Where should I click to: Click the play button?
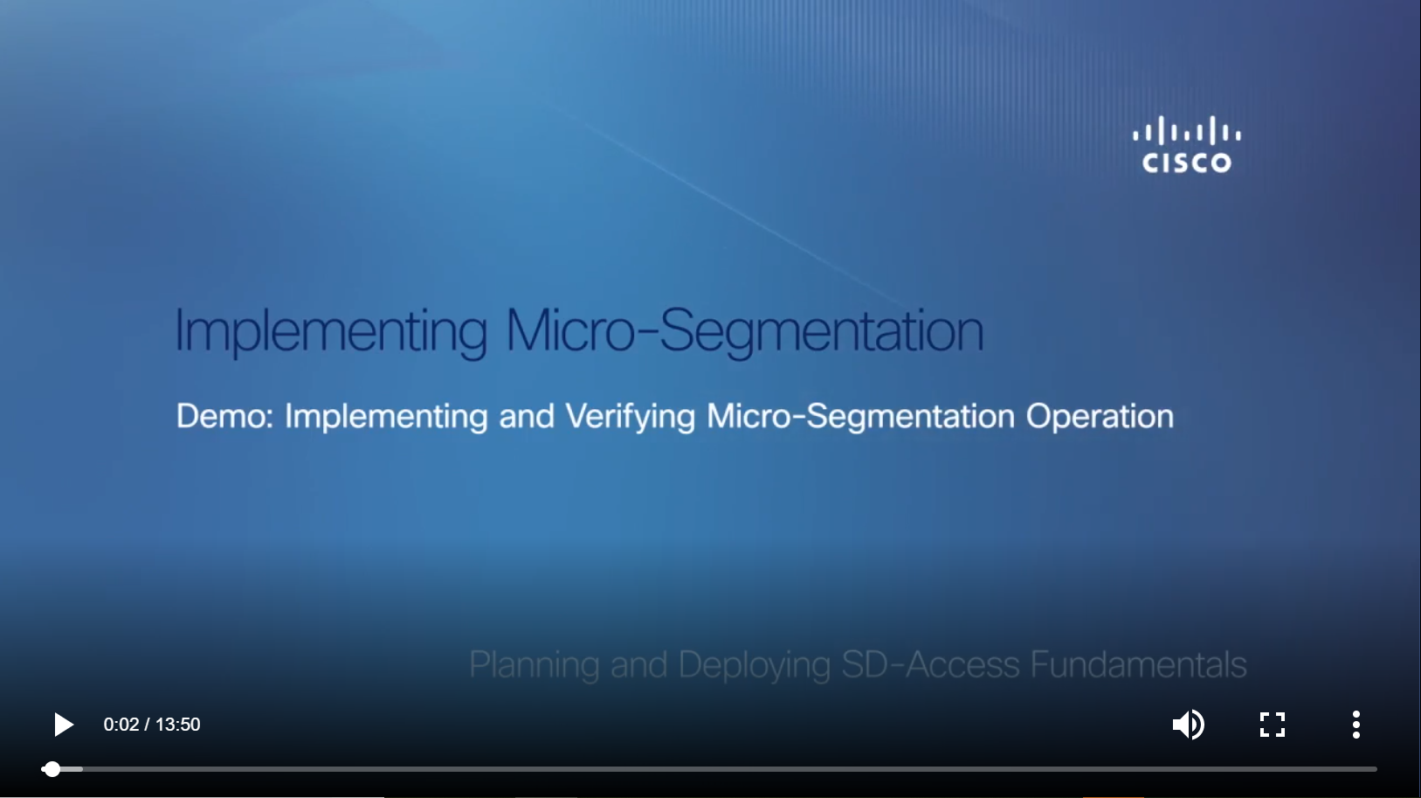point(64,725)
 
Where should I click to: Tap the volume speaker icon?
point(1188,725)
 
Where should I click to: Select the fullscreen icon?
point(1272,725)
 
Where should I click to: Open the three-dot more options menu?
point(1355,725)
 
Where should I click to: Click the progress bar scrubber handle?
point(52,769)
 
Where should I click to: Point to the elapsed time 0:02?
point(121,725)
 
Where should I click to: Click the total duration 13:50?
point(177,725)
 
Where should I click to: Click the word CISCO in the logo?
point(1187,163)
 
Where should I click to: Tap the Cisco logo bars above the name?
point(1187,130)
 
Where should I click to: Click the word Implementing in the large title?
point(331,330)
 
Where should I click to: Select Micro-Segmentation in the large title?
point(745,330)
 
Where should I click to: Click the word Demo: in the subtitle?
point(225,416)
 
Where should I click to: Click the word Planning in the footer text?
point(535,665)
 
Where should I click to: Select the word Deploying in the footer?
point(755,665)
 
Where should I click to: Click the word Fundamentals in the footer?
point(1138,664)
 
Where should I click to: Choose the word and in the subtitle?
point(527,416)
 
